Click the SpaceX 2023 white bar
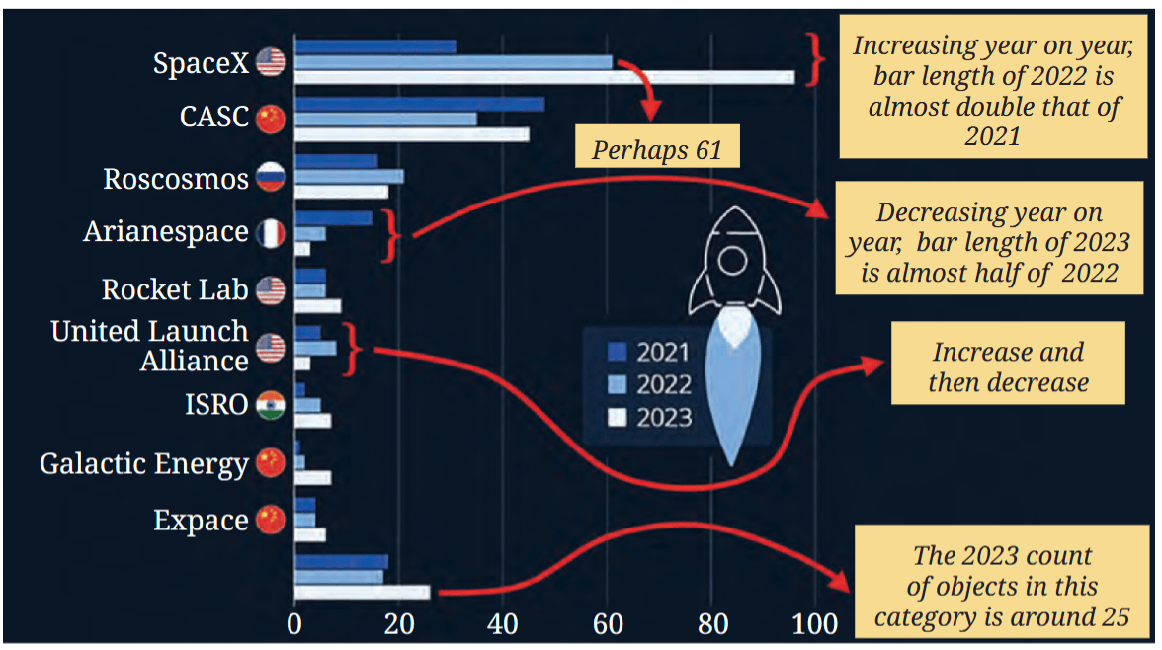pos(544,77)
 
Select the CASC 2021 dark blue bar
pos(419,105)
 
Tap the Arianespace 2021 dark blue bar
pos(334,218)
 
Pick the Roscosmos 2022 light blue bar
pos(349,177)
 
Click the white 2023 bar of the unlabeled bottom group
pos(363,592)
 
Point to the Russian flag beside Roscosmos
pos(271,177)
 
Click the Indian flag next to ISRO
pos(271,405)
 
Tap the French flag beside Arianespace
pos(271,233)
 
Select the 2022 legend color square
pos(617,384)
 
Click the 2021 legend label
pos(663,352)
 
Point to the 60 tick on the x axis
pos(608,624)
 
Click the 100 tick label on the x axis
pos(814,624)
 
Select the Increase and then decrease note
pos(1008,364)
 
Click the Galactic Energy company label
pos(144,464)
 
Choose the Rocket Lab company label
pos(175,289)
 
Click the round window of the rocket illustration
pos(732,261)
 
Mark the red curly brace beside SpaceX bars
pos(815,59)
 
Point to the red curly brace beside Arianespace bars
pos(391,236)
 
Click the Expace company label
pos(201,521)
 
